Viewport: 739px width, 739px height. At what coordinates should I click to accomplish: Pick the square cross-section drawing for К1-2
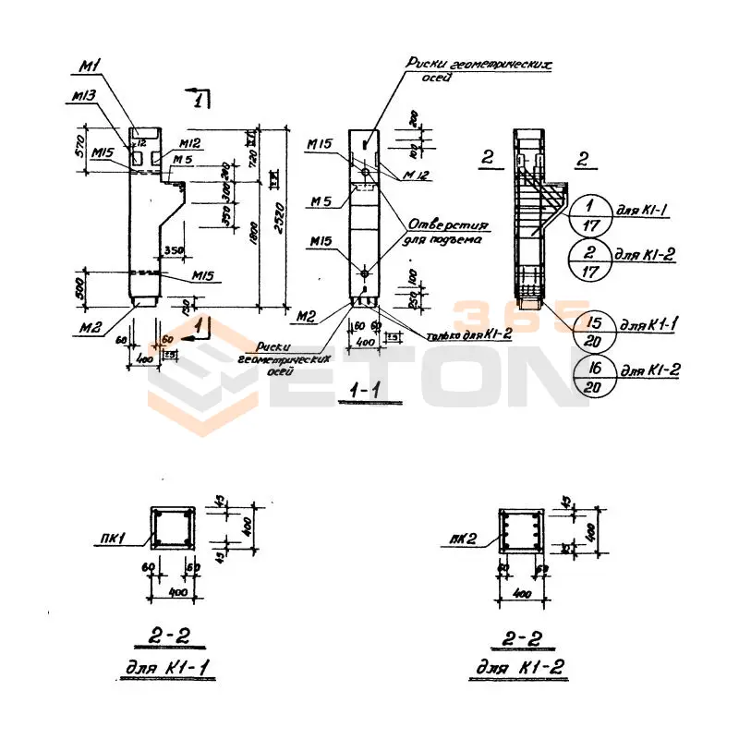coord(520,533)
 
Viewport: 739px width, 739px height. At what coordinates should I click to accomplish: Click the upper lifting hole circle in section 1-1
coord(367,173)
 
